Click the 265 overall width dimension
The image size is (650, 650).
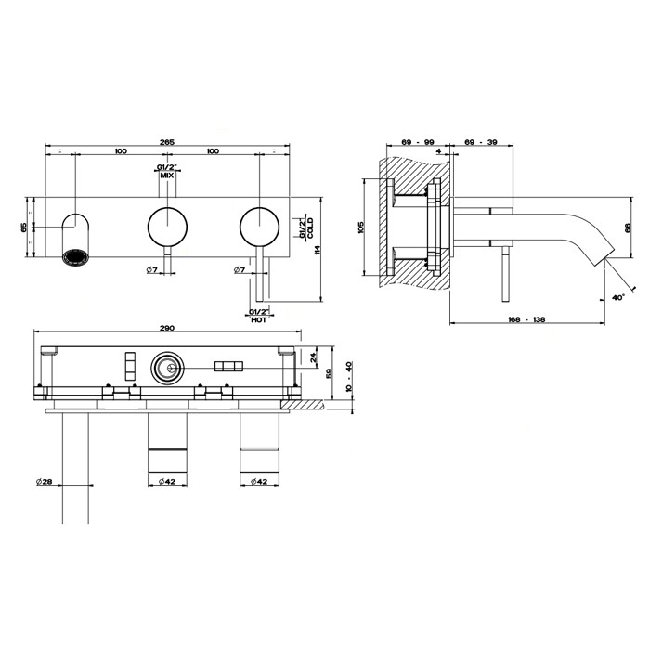[167, 141]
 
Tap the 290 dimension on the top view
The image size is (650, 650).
[166, 328]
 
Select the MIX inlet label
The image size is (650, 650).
[167, 175]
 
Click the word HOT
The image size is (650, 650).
[259, 319]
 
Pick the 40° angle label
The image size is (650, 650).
[618, 298]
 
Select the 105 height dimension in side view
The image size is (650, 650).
[361, 226]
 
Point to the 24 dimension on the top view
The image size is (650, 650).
[313, 355]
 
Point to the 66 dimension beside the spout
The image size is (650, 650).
[628, 227]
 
